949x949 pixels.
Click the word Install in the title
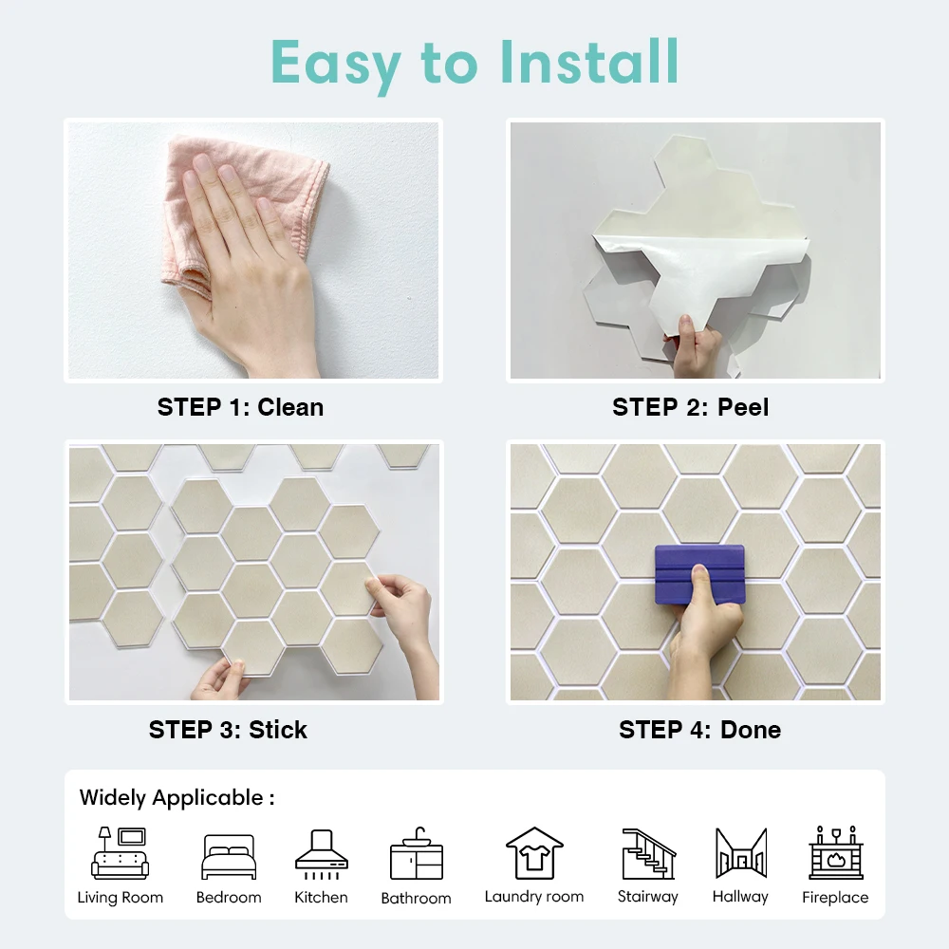[x=589, y=62]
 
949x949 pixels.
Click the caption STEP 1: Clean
[x=240, y=407]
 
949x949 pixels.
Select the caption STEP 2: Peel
[x=691, y=407]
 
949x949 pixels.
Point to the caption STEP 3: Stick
[x=228, y=730]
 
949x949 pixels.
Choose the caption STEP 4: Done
[x=699, y=730]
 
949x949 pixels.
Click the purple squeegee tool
[x=699, y=575]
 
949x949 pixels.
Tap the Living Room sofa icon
[x=120, y=853]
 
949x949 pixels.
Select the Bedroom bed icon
[x=229, y=856]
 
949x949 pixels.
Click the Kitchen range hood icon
[x=322, y=854]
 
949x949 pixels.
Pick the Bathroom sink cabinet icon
[x=417, y=854]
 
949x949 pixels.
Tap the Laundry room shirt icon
[x=534, y=853]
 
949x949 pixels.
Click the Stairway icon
[x=649, y=853]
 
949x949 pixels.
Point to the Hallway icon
[x=741, y=853]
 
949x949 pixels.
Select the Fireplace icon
[x=836, y=852]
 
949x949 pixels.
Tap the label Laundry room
[x=534, y=897]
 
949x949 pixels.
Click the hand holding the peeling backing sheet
[x=696, y=348]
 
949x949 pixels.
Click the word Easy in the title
[x=336, y=65]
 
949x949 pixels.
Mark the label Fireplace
[x=835, y=897]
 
